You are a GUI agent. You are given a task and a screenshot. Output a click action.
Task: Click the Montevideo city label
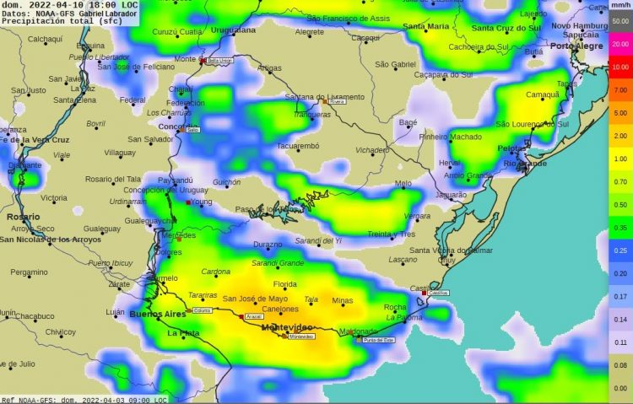click(x=287, y=326)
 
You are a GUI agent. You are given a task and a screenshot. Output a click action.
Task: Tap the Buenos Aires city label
click(x=157, y=314)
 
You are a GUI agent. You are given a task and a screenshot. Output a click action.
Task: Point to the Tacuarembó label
click(x=298, y=146)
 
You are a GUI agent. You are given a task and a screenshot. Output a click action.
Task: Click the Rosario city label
click(x=23, y=217)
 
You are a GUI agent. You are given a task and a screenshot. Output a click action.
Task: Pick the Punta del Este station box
click(x=378, y=340)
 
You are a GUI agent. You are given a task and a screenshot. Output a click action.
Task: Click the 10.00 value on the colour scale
click(x=620, y=67)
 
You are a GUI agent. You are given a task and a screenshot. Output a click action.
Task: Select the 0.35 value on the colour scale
click(x=620, y=228)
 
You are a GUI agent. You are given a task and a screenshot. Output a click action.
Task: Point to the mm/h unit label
click(x=620, y=6)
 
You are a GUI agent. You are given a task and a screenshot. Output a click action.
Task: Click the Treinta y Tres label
click(x=392, y=234)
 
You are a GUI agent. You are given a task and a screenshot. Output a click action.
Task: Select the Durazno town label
click(x=268, y=245)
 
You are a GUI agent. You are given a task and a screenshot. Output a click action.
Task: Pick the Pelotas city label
click(x=512, y=148)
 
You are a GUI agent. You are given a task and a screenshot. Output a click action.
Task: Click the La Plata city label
click(x=183, y=333)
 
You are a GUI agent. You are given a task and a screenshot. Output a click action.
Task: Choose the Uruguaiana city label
click(x=232, y=30)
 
